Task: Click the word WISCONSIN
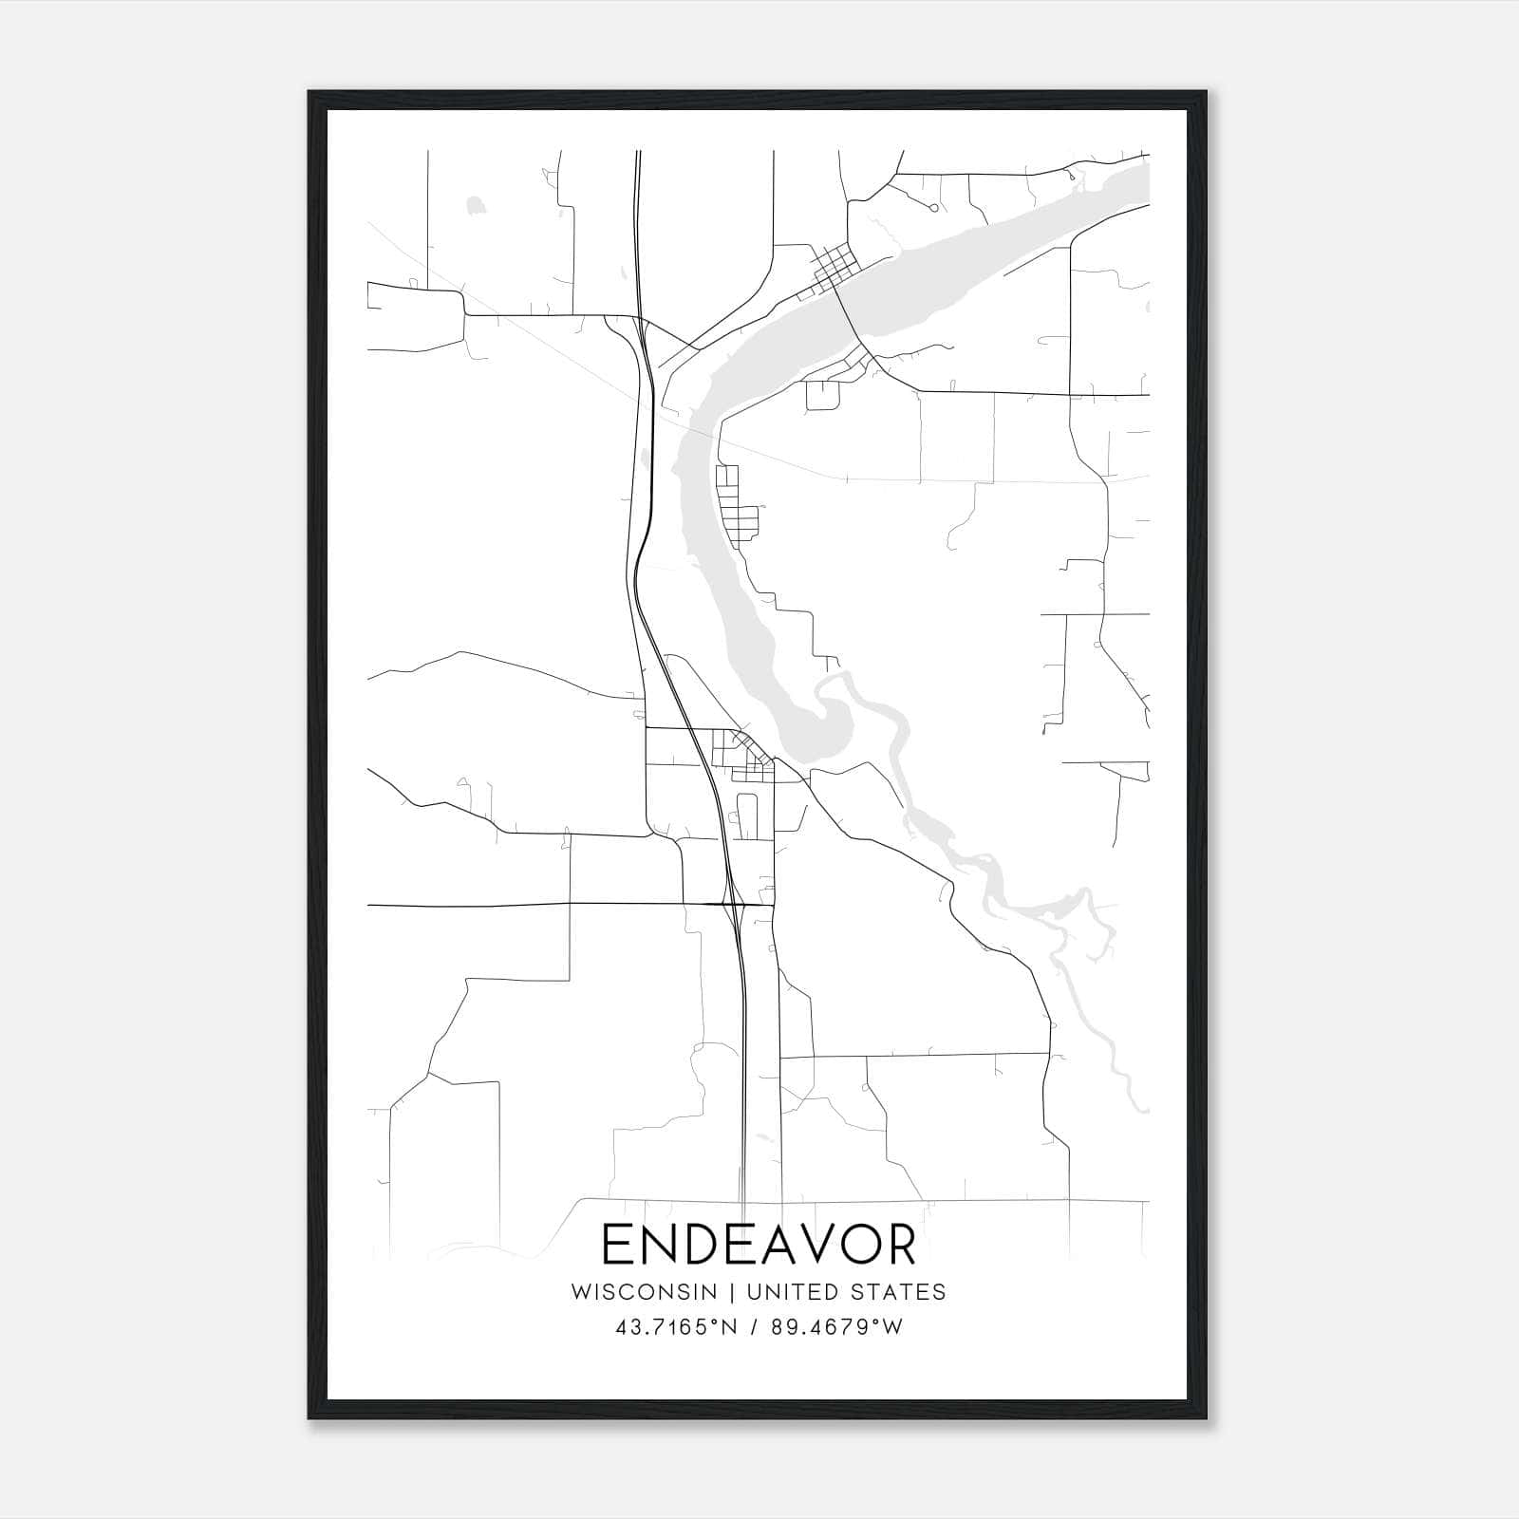coord(643,1291)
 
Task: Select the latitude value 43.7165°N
coord(676,1327)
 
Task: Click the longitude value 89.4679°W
coord(835,1327)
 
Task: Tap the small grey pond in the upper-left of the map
coord(474,204)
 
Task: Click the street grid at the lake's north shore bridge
coord(834,265)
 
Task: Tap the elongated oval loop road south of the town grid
coord(745,816)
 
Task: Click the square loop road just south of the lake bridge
coord(823,394)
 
